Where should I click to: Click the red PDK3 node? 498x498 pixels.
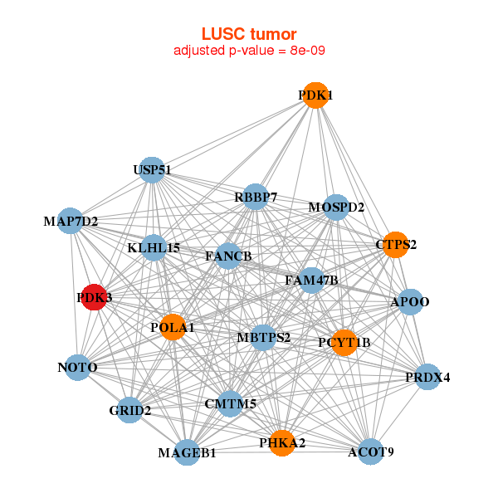point(95,296)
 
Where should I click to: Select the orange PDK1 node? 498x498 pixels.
point(315,95)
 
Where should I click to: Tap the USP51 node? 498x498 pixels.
point(151,170)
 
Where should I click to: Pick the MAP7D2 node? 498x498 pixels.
point(71,222)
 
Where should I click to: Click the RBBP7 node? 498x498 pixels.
point(256,198)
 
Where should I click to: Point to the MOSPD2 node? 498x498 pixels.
point(336,207)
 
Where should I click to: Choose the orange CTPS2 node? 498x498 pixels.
point(396,245)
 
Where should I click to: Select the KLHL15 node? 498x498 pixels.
point(154,247)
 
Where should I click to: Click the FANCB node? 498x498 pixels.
point(229,256)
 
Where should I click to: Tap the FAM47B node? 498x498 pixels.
point(311,281)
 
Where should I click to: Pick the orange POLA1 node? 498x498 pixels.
point(173,327)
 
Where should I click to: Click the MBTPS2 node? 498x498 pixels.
point(263,337)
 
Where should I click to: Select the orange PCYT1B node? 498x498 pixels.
point(344,342)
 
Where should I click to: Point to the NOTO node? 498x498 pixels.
point(77,367)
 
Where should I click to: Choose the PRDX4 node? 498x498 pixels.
point(427,378)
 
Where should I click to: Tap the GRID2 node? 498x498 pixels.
point(129,410)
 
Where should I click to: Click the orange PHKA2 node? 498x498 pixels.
point(282,443)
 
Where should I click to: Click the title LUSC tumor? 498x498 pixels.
point(249,34)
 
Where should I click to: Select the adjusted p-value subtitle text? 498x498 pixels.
point(249,51)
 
